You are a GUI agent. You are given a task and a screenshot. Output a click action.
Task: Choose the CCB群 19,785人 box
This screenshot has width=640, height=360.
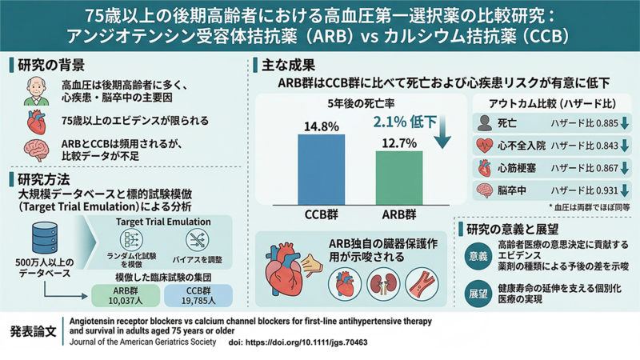(x=198, y=294)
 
